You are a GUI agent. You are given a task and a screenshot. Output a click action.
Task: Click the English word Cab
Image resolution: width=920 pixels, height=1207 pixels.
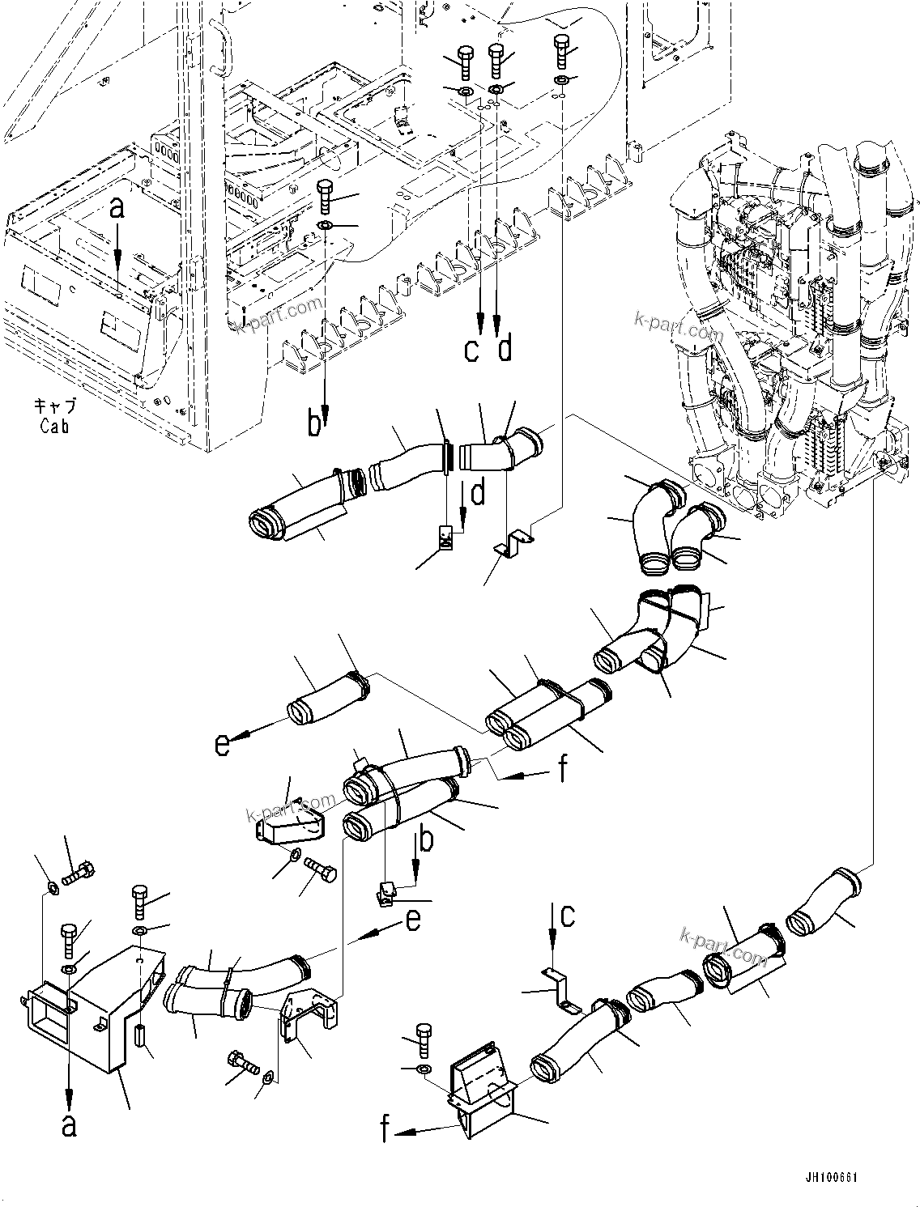click(x=54, y=427)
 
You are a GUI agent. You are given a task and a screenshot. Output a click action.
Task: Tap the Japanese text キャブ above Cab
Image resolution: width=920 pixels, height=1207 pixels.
click(x=54, y=406)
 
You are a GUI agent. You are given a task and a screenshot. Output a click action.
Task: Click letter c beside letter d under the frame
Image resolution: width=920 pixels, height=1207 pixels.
click(x=472, y=351)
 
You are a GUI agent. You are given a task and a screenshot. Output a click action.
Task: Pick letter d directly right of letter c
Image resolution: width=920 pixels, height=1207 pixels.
click(x=505, y=350)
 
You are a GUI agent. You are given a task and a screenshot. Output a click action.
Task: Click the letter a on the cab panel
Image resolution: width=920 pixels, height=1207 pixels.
click(x=118, y=209)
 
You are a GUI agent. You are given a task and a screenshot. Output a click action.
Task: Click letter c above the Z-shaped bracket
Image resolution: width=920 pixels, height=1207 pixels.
click(x=569, y=916)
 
